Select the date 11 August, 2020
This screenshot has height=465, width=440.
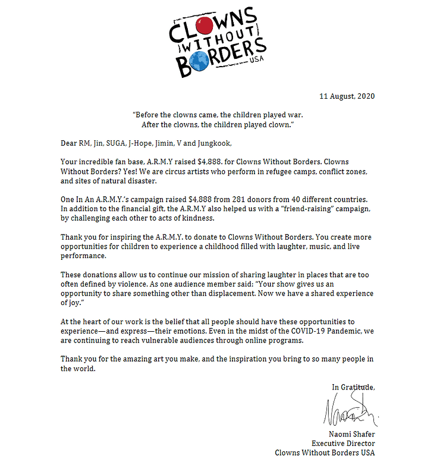[x=347, y=96]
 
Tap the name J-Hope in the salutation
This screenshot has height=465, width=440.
[x=147, y=143]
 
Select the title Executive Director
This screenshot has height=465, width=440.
[x=343, y=443]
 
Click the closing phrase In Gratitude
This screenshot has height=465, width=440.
[x=353, y=387]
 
